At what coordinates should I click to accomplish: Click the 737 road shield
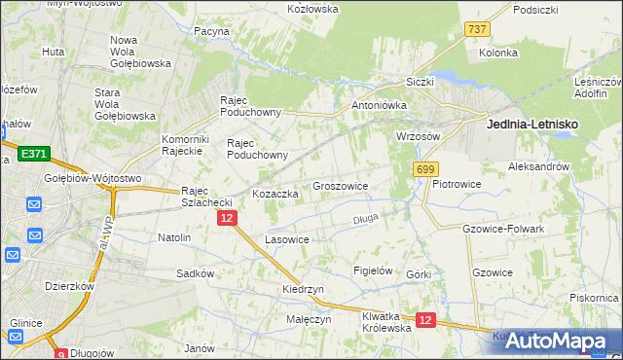[476, 30]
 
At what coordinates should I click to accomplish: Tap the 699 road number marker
[424, 169]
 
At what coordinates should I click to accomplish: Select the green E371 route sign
[33, 154]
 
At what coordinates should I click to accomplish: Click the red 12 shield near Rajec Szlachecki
[226, 219]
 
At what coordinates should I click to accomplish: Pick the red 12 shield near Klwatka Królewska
[425, 319]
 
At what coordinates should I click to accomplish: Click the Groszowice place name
[340, 186]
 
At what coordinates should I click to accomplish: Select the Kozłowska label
[312, 9]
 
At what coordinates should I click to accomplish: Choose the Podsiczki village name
[535, 10]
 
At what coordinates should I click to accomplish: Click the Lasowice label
[287, 239]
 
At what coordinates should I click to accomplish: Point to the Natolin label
[174, 237]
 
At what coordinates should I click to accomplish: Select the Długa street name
[365, 219]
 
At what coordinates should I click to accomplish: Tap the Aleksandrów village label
[538, 167]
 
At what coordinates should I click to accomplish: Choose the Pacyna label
[210, 31]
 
